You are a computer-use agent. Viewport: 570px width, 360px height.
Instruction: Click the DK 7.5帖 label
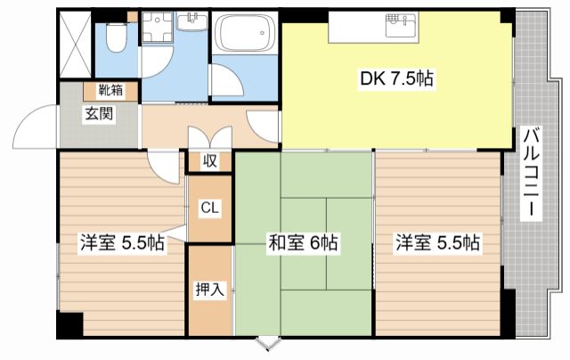coord(396,78)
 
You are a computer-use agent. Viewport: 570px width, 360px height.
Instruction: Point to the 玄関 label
coord(97,113)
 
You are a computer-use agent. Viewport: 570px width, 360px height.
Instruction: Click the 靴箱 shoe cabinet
coord(110,90)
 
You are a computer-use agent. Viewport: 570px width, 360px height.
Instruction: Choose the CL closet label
coord(210,208)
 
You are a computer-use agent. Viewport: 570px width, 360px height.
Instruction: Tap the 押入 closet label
coord(209,289)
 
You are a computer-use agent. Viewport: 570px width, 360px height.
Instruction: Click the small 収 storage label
coord(209,161)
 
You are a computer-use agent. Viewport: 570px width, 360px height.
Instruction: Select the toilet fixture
coord(116,37)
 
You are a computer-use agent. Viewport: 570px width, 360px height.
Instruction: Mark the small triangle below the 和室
coord(265,343)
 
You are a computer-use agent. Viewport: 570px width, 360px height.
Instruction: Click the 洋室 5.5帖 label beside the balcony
coord(438,241)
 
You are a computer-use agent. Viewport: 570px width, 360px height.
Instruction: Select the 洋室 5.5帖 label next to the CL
coord(122,241)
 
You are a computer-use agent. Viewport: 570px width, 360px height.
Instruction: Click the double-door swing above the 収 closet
coord(209,138)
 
